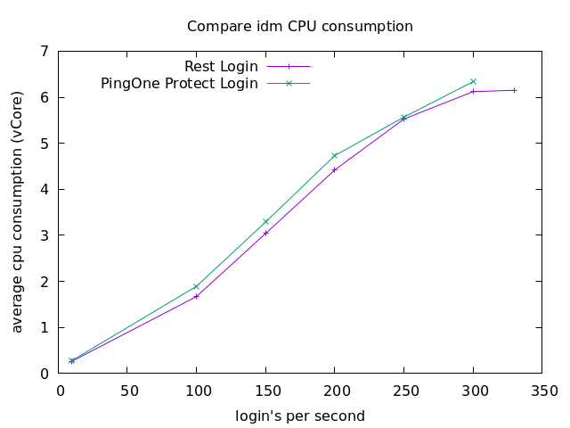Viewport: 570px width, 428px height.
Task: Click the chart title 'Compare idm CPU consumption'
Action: (x=300, y=27)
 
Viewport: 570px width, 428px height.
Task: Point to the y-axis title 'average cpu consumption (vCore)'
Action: (x=18, y=212)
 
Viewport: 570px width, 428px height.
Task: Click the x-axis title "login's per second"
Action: (x=300, y=416)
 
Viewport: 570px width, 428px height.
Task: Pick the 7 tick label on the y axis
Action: (x=45, y=51)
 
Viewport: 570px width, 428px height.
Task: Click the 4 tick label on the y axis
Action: (x=45, y=189)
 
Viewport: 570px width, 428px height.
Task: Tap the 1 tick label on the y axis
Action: (x=45, y=327)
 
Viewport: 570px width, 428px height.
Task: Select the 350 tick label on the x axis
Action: (x=543, y=391)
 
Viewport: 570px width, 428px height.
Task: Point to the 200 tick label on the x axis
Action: (x=334, y=391)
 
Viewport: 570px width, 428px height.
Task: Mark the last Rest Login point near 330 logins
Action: (x=515, y=90)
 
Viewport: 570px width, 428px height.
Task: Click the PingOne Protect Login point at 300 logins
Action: (x=473, y=81)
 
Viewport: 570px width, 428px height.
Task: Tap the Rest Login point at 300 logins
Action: (x=473, y=91)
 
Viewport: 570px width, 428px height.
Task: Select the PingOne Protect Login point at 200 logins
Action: (x=335, y=155)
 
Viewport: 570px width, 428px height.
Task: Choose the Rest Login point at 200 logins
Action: (x=335, y=169)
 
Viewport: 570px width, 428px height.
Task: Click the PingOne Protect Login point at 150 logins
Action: (x=265, y=221)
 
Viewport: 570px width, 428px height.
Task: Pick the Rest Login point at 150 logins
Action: (x=265, y=233)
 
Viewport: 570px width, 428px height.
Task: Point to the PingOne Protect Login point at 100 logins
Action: (x=196, y=286)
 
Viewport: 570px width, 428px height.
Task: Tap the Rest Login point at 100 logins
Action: (x=196, y=296)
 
